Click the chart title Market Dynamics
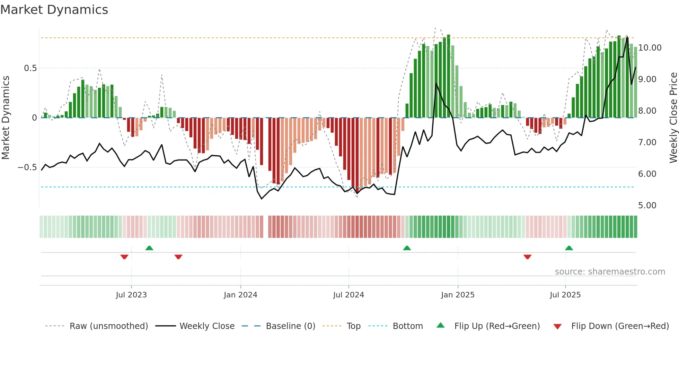tap(54, 10)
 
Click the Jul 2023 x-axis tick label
tap(131, 295)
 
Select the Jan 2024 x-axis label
tap(240, 295)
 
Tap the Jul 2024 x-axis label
tap(349, 295)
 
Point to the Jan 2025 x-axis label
tap(458, 295)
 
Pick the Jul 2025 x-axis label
tap(565, 295)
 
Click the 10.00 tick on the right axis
tap(650, 48)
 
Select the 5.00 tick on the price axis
tap(647, 206)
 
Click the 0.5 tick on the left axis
tap(30, 68)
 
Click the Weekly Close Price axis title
tap(673, 118)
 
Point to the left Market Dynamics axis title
tap(6, 118)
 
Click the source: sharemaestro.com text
tap(610, 272)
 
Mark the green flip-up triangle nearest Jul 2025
tap(569, 248)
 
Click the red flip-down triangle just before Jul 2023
tap(124, 257)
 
